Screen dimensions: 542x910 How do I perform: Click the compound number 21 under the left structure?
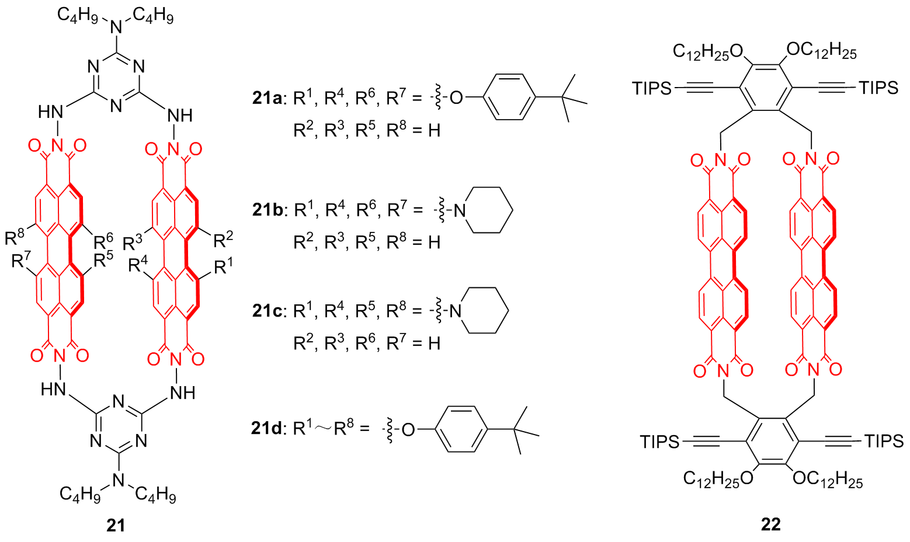pyautogui.click(x=116, y=525)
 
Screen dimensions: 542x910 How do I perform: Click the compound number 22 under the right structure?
pyautogui.click(x=770, y=524)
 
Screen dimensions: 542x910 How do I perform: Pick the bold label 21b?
pyautogui.click(x=268, y=210)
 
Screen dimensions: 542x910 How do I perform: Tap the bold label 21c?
pyautogui.click(x=268, y=311)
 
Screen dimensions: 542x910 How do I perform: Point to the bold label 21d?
pyautogui.click(x=268, y=429)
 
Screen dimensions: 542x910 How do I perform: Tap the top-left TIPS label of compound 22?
pyautogui.click(x=652, y=88)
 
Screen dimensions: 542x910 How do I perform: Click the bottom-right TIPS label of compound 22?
pyautogui.click(x=884, y=441)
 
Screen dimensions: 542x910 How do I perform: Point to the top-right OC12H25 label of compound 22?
pyautogui.click(x=821, y=51)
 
